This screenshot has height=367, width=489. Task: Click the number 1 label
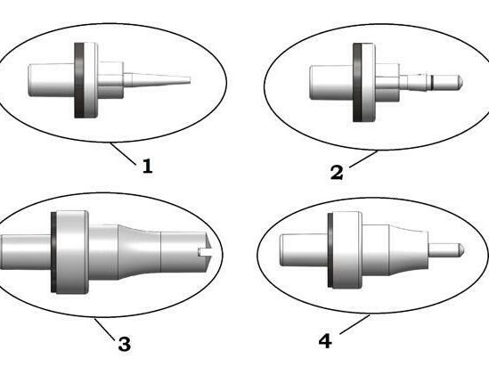(148, 166)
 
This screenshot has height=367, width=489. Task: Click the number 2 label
(337, 173)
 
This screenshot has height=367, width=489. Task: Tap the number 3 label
(125, 344)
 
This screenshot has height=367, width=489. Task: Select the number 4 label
(325, 341)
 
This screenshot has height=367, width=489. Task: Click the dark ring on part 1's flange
(79, 80)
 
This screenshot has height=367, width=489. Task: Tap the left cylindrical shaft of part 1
(51, 80)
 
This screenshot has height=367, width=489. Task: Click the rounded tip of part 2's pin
(460, 82)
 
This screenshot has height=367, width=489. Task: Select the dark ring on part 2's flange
(357, 82)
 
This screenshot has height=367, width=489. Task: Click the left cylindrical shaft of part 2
(331, 83)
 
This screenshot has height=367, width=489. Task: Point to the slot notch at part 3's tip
(205, 252)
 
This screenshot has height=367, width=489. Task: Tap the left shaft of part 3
(26, 252)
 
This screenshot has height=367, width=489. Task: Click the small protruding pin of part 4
(446, 249)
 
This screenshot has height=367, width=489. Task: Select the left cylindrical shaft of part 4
(304, 250)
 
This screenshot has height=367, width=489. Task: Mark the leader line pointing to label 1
(123, 153)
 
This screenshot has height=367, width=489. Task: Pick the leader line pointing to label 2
(363, 159)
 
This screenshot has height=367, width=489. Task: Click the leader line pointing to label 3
(105, 329)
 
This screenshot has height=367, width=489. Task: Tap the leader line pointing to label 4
(355, 325)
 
